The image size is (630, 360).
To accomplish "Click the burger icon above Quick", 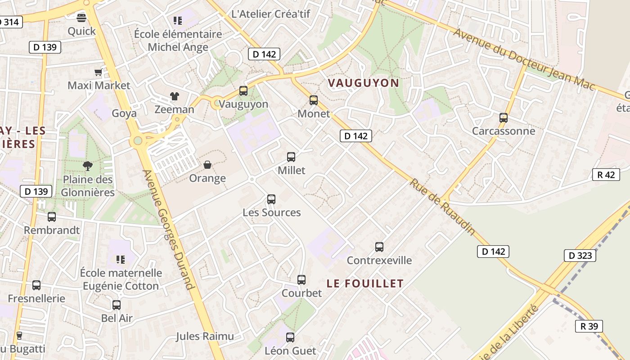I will click(x=81, y=18).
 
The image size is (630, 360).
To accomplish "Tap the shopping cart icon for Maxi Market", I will click(x=98, y=72).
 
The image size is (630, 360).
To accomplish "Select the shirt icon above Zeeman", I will click(x=174, y=96).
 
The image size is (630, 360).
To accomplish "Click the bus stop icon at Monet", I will click(x=314, y=100).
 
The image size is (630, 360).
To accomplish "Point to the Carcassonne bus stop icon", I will click(x=504, y=118).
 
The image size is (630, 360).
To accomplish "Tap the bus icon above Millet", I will click(x=291, y=157).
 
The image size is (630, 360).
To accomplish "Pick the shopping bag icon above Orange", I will click(x=207, y=165).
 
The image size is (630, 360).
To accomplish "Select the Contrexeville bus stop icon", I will click(x=379, y=247).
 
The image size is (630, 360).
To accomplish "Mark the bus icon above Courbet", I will click(x=301, y=280).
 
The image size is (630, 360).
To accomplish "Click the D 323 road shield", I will click(x=580, y=256).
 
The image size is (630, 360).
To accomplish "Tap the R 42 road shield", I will click(x=606, y=175).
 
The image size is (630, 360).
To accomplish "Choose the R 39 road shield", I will click(x=589, y=326).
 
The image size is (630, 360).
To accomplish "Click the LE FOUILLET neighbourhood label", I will click(x=365, y=283).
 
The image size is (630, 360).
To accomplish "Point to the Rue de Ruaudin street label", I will click(x=442, y=207).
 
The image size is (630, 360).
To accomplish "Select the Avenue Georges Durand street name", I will click(x=169, y=229).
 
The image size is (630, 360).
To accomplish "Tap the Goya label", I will click(x=124, y=113).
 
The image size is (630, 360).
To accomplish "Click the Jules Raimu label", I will click(x=205, y=336).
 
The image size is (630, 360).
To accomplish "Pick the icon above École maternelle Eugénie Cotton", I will click(x=120, y=259).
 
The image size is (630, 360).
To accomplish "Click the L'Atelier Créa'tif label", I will click(x=270, y=14).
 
